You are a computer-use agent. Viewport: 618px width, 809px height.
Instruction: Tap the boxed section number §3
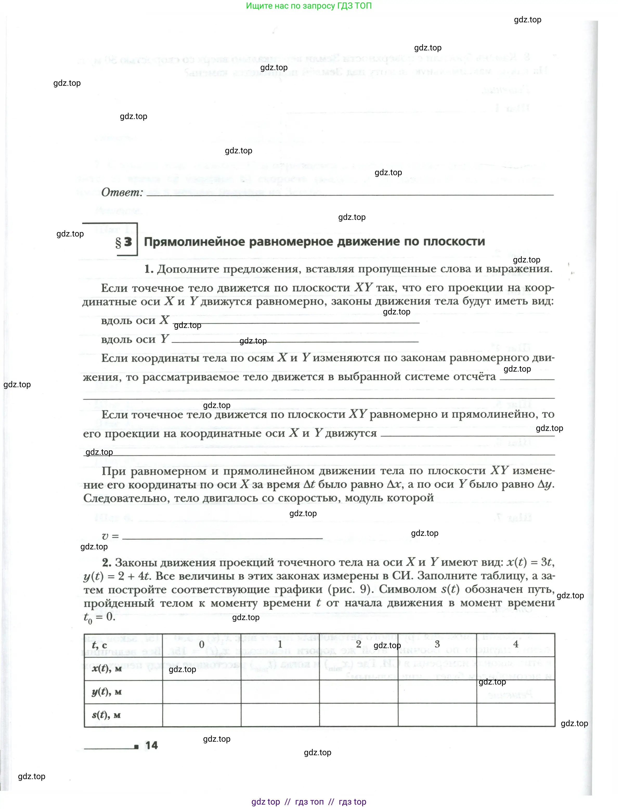coord(123,242)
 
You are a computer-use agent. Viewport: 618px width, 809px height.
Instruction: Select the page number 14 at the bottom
coord(152,745)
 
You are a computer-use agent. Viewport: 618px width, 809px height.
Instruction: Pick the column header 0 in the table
coord(201,644)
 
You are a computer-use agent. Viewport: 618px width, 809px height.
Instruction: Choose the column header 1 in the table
coord(280,644)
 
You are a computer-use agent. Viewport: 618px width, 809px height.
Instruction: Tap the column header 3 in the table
coord(437,644)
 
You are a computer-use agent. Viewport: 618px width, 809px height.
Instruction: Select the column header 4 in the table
coord(516,644)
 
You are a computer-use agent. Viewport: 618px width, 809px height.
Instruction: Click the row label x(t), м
coord(107,668)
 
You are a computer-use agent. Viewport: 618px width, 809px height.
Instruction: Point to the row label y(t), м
coord(107,692)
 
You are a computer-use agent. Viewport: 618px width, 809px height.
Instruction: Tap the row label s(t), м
coord(106,715)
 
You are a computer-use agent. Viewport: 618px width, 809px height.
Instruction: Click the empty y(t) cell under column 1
coord(280,692)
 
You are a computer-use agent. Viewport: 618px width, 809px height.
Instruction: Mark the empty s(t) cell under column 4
coord(516,715)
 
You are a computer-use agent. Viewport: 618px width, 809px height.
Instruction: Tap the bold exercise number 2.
coord(107,563)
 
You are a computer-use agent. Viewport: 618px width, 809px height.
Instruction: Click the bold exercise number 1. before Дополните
coord(149,269)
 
